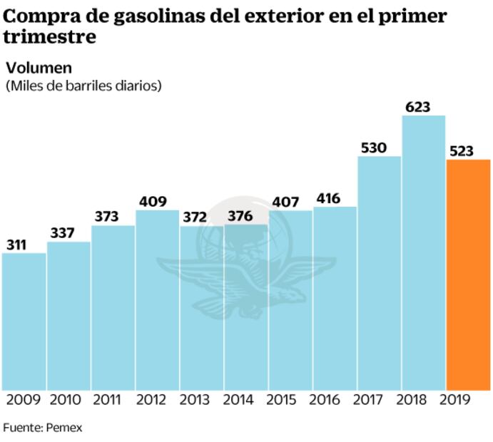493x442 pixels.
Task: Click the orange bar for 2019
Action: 468,274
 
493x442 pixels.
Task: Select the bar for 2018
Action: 424,253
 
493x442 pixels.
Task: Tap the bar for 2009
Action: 24,321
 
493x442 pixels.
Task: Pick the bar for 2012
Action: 157,299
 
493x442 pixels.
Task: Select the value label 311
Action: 17,245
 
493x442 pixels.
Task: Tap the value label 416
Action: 329,198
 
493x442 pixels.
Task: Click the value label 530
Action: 373,148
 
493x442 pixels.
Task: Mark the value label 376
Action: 240,216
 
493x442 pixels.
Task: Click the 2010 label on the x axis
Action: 64,400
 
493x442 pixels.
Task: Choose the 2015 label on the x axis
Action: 285,400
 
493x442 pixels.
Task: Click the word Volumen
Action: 39,68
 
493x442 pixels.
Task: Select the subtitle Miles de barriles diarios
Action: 83,86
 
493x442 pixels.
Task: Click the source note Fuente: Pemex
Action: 42,428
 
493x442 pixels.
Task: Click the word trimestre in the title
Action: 50,37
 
